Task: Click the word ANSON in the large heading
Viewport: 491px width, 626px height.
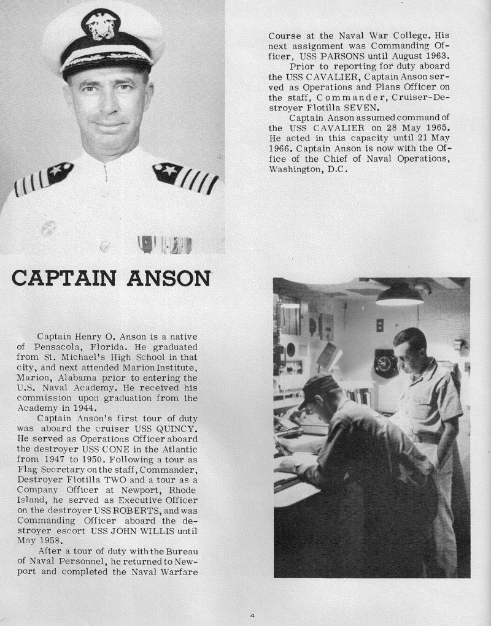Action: point(168,278)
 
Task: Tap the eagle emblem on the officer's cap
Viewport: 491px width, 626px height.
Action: point(102,25)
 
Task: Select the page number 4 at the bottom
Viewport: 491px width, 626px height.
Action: point(252,615)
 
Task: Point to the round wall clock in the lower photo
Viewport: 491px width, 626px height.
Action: point(386,362)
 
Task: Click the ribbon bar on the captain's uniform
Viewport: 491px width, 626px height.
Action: point(157,245)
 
